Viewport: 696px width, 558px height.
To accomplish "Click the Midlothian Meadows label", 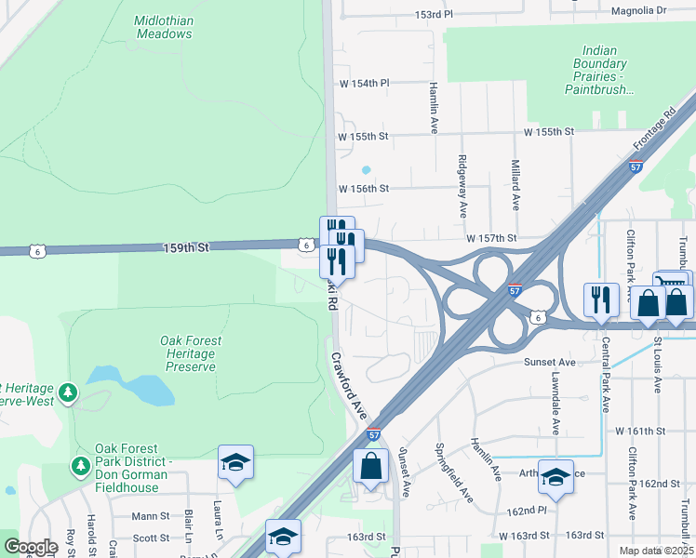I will coord(163,27).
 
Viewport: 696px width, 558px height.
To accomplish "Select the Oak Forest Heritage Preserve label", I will coord(187,353).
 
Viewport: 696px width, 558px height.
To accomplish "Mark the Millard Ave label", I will coord(515,184).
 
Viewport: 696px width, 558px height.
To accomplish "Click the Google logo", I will coord(31,547).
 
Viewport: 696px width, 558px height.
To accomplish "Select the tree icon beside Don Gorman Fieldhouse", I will coord(81,463).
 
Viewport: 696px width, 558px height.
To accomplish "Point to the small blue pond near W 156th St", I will coord(366,170).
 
